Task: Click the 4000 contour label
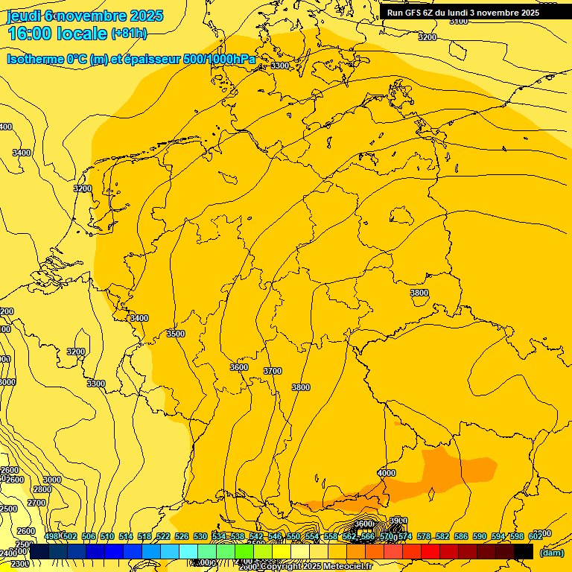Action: click(387, 473)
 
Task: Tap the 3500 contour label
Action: click(176, 334)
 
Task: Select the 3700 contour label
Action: click(273, 371)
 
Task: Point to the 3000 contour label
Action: click(52, 480)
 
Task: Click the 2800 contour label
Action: click(42, 489)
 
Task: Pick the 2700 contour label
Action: click(36, 503)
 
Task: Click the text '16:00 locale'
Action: click(57, 34)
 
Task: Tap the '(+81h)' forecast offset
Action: click(129, 34)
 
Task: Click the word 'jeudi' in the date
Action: click(23, 15)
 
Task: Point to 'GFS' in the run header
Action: click(415, 13)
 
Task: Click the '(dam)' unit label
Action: click(551, 552)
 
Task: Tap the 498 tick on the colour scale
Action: click(51, 536)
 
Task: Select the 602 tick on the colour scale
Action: click(535, 536)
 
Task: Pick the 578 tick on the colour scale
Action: click(424, 536)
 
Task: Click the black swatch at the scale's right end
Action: click(524, 551)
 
